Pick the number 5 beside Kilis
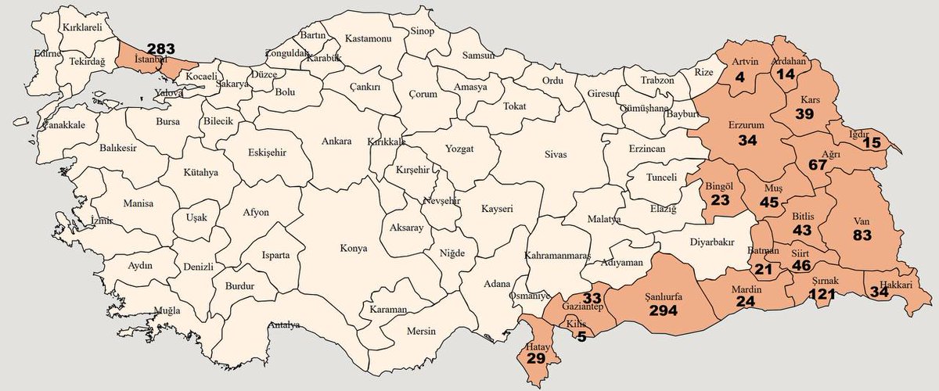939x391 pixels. pos(581,338)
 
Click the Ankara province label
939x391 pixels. pos(337,142)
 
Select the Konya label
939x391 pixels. pos(353,249)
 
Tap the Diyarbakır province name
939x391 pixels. pos(712,242)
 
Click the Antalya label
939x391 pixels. pos(284,325)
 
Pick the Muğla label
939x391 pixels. pos(167,310)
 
